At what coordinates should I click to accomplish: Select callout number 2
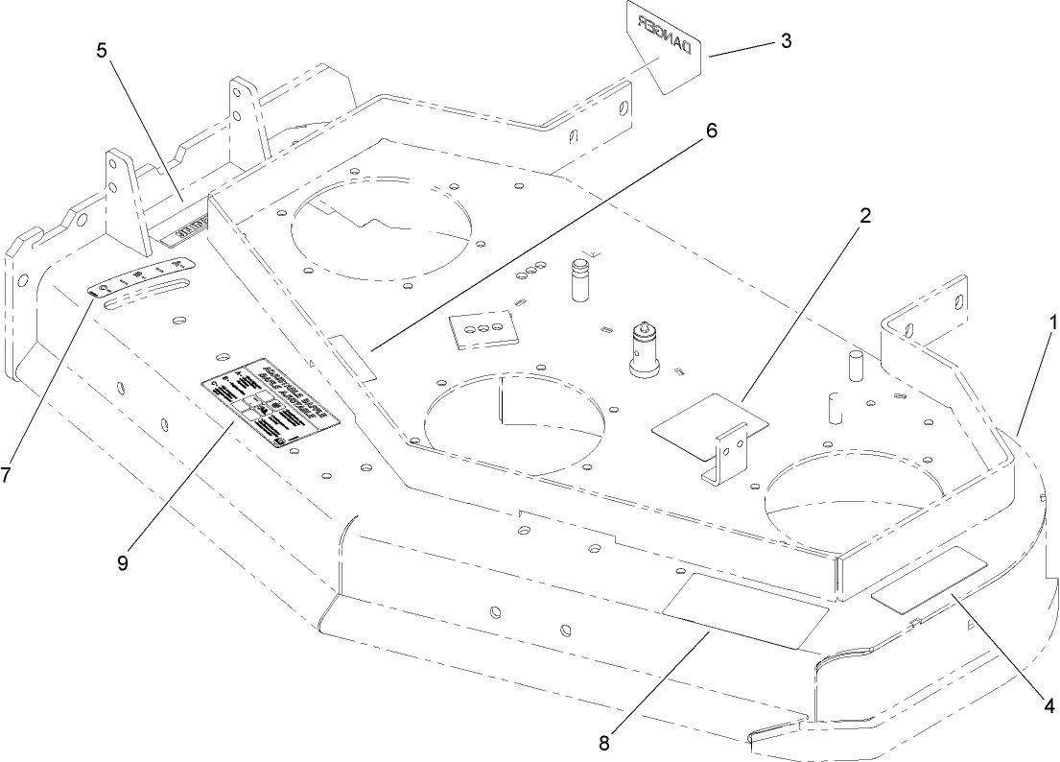pyautogui.click(x=864, y=216)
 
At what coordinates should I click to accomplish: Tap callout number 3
pyautogui.click(x=786, y=41)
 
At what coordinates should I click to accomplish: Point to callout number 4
pyautogui.click(x=1049, y=706)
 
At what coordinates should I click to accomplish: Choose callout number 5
pyautogui.click(x=102, y=50)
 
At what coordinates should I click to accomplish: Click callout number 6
pyautogui.click(x=711, y=131)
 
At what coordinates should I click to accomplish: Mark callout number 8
pyautogui.click(x=603, y=741)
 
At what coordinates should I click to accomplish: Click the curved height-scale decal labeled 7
pyautogui.click(x=142, y=278)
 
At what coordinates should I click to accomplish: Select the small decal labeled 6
pyautogui.click(x=352, y=355)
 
